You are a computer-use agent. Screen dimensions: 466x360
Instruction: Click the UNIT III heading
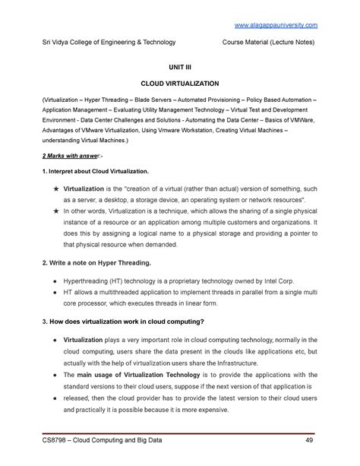click(x=179, y=68)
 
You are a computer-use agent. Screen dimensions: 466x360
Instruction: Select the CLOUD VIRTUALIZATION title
click(x=179, y=84)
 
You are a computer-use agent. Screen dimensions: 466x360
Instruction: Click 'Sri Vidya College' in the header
click(x=73, y=43)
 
